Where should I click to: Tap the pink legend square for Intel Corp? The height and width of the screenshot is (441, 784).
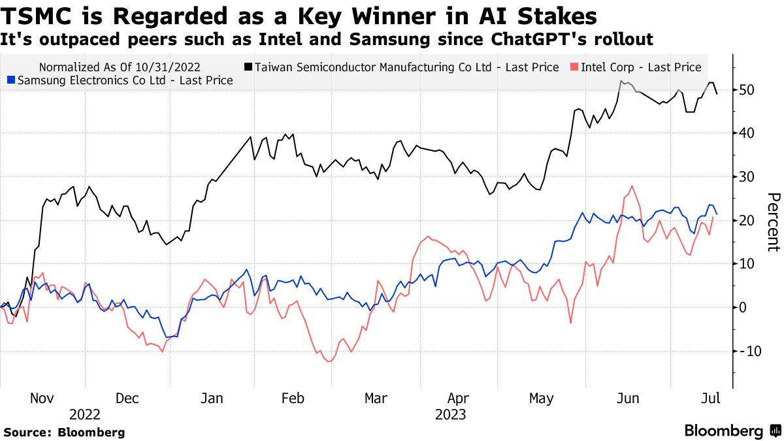pos(575,67)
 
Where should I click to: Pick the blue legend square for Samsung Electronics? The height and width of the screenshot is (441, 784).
pos(10,80)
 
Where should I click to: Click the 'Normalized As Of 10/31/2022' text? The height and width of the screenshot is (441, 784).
pos(120,67)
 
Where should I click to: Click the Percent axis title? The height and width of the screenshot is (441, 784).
pos(773,221)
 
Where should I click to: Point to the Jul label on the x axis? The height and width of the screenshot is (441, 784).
pos(710,399)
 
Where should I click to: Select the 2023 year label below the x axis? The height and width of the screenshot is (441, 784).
pos(451,415)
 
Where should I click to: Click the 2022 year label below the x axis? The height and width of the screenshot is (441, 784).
pos(85,415)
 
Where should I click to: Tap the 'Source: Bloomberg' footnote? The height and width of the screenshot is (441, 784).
pos(64,433)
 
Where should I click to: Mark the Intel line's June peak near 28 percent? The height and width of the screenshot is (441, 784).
pos(632,186)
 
